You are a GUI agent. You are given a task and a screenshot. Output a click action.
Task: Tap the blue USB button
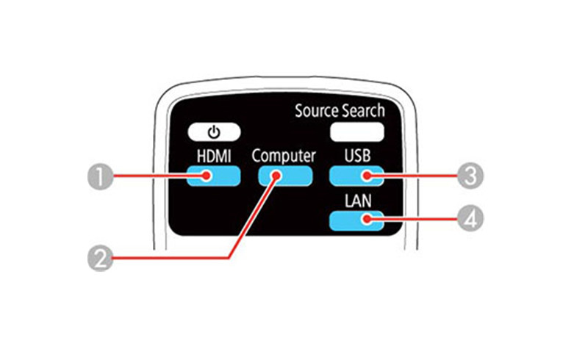356,176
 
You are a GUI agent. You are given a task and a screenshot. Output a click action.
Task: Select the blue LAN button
356,220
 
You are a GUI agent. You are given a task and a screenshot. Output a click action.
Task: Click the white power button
213,133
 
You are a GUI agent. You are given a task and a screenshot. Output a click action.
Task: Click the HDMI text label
212,156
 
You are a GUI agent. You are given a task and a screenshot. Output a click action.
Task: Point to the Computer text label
284,156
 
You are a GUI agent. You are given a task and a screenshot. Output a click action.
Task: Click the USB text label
356,156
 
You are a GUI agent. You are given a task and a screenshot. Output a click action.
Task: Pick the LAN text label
356,200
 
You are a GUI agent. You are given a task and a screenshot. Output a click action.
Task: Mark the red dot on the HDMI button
208,176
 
